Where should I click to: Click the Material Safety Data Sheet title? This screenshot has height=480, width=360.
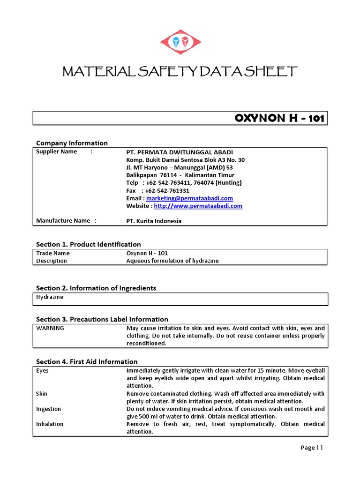(x=180, y=72)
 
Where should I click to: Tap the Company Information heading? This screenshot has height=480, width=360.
(x=72, y=143)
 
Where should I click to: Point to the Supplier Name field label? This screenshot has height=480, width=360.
(x=57, y=152)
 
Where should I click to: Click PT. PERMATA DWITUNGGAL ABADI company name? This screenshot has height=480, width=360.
(x=180, y=152)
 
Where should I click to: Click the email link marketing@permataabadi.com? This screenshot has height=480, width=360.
(x=189, y=198)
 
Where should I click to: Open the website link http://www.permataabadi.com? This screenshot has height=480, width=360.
(x=198, y=206)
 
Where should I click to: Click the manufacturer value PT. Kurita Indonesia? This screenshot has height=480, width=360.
(x=154, y=221)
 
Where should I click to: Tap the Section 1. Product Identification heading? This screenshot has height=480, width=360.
(x=89, y=244)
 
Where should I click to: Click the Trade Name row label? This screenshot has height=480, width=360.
(x=53, y=253)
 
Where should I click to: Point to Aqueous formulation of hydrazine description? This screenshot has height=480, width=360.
(x=172, y=261)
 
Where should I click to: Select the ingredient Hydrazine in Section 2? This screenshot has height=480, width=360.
(x=50, y=297)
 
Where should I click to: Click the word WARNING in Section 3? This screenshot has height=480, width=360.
(x=50, y=328)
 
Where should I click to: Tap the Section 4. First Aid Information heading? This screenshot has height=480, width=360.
(x=87, y=361)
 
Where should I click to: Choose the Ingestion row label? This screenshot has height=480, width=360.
(x=49, y=409)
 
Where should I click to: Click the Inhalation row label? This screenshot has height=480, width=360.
(x=50, y=424)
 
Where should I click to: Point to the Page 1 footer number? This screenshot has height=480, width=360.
(x=312, y=448)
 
